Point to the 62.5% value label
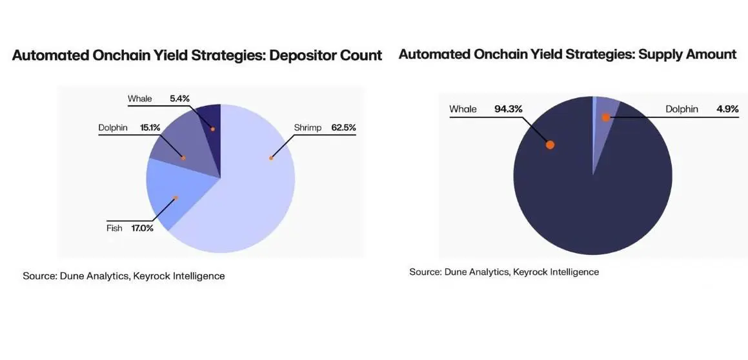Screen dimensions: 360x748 coord(343,128)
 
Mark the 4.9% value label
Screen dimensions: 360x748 coord(727,109)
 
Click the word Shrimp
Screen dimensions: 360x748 coord(308,128)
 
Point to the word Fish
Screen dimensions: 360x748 coord(114,228)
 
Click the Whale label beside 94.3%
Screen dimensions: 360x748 coord(463,109)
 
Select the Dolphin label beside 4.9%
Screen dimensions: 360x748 coord(682,109)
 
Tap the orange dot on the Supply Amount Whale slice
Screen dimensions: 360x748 coord(550,145)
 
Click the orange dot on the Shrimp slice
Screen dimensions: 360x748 coord(271,158)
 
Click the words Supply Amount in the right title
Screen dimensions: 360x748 coord(687,54)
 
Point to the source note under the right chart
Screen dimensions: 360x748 coord(504,272)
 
